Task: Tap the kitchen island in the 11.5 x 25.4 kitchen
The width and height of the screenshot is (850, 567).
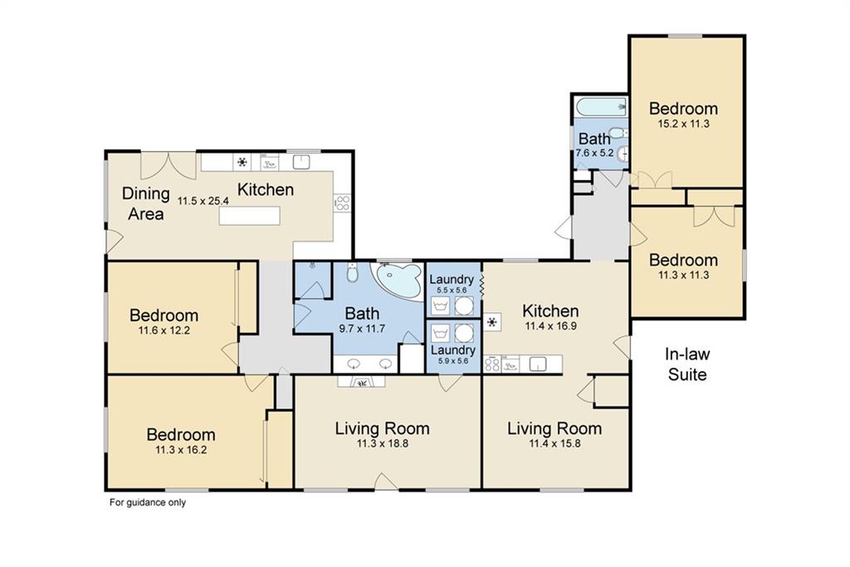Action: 249,215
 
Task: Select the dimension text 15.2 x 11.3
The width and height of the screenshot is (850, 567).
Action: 683,124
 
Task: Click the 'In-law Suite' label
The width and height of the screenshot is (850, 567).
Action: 686,364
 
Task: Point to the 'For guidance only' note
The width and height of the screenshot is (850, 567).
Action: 148,502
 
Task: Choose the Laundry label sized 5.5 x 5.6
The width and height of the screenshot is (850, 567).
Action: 452,279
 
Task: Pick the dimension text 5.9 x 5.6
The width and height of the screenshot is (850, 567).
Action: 452,360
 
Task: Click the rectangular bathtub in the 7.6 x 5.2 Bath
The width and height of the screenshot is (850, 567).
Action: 601,107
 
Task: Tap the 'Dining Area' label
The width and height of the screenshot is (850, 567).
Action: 146,203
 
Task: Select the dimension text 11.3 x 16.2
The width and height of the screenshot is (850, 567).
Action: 181,449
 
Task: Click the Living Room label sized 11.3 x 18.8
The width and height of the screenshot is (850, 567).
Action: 382,428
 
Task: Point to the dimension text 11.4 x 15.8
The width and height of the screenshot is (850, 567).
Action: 554,443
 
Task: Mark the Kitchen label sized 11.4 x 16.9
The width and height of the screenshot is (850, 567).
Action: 550,310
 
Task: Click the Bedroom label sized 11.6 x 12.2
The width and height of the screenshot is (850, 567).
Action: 164,315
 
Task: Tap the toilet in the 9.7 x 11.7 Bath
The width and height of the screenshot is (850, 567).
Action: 352,274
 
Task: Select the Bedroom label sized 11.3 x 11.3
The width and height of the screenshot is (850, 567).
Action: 683,260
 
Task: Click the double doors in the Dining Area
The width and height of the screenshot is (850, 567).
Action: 168,165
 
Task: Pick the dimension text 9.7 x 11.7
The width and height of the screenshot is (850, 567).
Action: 362,328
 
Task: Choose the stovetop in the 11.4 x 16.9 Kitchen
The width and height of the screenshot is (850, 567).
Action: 492,364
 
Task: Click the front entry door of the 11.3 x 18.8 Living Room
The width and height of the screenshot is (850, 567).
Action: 387,482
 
